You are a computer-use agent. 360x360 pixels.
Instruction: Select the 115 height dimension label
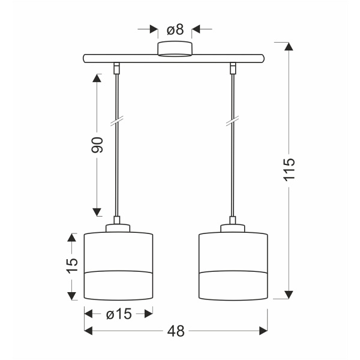[289, 170]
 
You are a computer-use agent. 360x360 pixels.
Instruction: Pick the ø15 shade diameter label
[119, 313]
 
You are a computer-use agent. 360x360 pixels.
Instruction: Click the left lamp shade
[119, 265]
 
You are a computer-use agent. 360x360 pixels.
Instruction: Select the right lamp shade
[233, 265]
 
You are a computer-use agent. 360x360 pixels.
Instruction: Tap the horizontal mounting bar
[174, 58]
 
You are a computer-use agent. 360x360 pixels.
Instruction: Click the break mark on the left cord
[118, 122]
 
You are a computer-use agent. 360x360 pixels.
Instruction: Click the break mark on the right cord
[232, 122]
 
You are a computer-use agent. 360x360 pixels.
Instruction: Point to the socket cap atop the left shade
[118, 227]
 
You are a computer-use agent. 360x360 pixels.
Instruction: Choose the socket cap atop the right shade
[232, 227]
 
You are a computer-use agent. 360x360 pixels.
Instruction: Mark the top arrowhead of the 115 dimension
[289, 47]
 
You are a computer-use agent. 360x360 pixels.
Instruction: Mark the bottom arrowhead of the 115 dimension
[289, 294]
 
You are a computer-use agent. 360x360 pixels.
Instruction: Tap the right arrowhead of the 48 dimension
[263, 331]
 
